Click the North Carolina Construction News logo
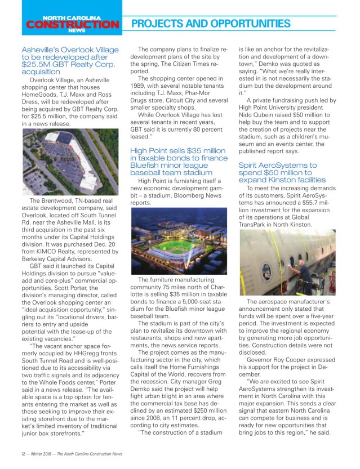(x=72, y=25)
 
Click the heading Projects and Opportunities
(x=211, y=24)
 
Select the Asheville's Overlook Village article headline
(x=70, y=61)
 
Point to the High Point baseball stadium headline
(x=179, y=162)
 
